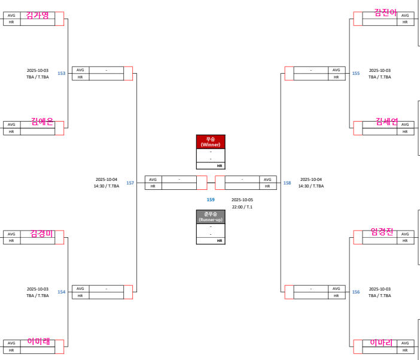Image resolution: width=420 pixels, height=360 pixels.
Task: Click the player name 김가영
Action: (x=38, y=15)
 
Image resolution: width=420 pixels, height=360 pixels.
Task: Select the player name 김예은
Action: (x=42, y=121)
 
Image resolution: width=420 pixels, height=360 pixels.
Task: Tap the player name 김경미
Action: (x=42, y=234)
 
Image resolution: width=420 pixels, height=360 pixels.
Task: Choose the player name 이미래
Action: (x=38, y=341)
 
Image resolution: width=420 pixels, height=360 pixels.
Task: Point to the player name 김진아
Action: (x=385, y=12)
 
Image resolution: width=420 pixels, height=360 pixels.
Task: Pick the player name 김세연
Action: (x=386, y=121)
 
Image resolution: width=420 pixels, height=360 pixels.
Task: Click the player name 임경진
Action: (x=382, y=232)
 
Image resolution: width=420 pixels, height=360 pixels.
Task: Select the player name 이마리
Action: (x=382, y=343)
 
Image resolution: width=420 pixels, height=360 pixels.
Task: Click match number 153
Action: (x=62, y=74)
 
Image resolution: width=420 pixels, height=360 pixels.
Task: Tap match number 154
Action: (x=62, y=292)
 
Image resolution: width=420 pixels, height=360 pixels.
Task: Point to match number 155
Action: (x=356, y=74)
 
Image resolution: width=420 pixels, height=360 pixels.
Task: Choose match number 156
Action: (x=356, y=292)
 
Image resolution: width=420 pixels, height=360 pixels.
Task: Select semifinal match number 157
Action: (x=130, y=183)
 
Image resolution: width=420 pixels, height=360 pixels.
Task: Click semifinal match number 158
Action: (x=287, y=183)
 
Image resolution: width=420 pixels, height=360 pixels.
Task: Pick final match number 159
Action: (x=211, y=199)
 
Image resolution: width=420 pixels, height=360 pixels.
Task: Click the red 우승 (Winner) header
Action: (x=211, y=141)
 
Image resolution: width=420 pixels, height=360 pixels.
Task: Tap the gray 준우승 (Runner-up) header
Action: (x=211, y=216)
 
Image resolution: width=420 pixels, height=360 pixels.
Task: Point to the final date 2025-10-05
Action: (x=242, y=199)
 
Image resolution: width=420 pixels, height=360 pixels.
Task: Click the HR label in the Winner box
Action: (x=220, y=165)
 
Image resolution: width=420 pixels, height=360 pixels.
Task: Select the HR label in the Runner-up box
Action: (x=220, y=241)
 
